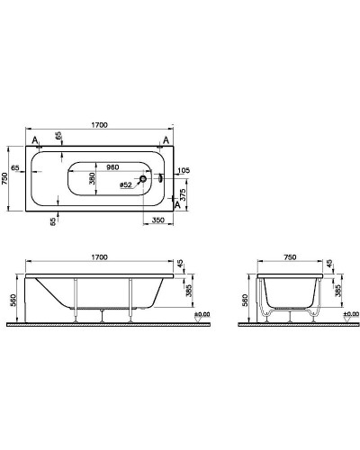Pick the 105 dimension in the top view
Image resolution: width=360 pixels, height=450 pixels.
click(x=184, y=169)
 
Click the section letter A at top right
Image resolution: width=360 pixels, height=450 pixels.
click(x=166, y=140)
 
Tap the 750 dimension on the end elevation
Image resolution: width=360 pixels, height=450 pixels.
click(x=289, y=256)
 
